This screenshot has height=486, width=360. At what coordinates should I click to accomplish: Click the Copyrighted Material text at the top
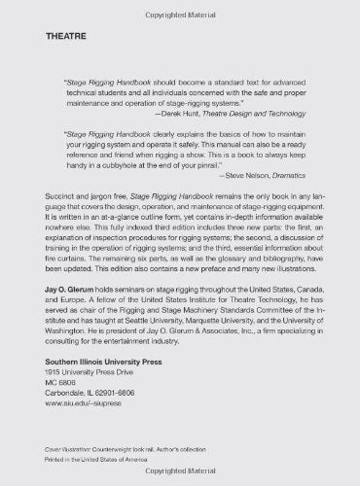(x=180, y=7)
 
